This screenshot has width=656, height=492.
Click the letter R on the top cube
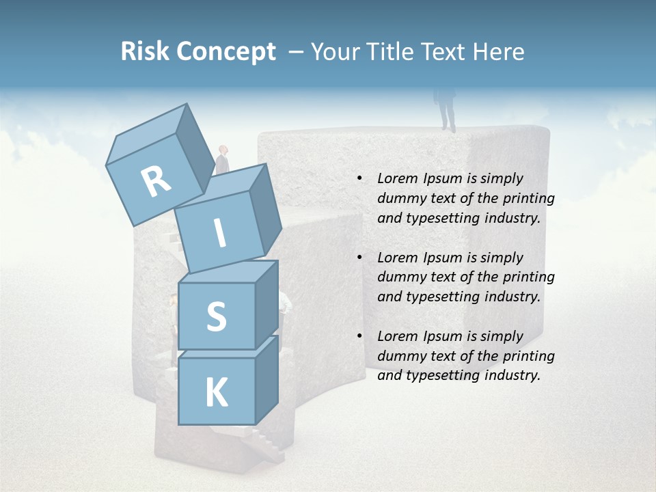(x=155, y=182)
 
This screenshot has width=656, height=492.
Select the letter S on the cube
(x=216, y=316)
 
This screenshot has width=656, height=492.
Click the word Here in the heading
(x=497, y=52)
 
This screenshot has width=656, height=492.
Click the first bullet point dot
(x=359, y=179)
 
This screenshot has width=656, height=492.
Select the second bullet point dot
(x=359, y=258)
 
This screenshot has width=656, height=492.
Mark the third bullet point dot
(x=359, y=336)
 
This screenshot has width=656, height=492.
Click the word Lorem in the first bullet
(x=396, y=178)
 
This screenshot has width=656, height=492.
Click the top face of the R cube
(x=147, y=133)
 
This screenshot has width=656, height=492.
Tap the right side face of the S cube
(x=266, y=304)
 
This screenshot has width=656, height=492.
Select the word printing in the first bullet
(x=526, y=198)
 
